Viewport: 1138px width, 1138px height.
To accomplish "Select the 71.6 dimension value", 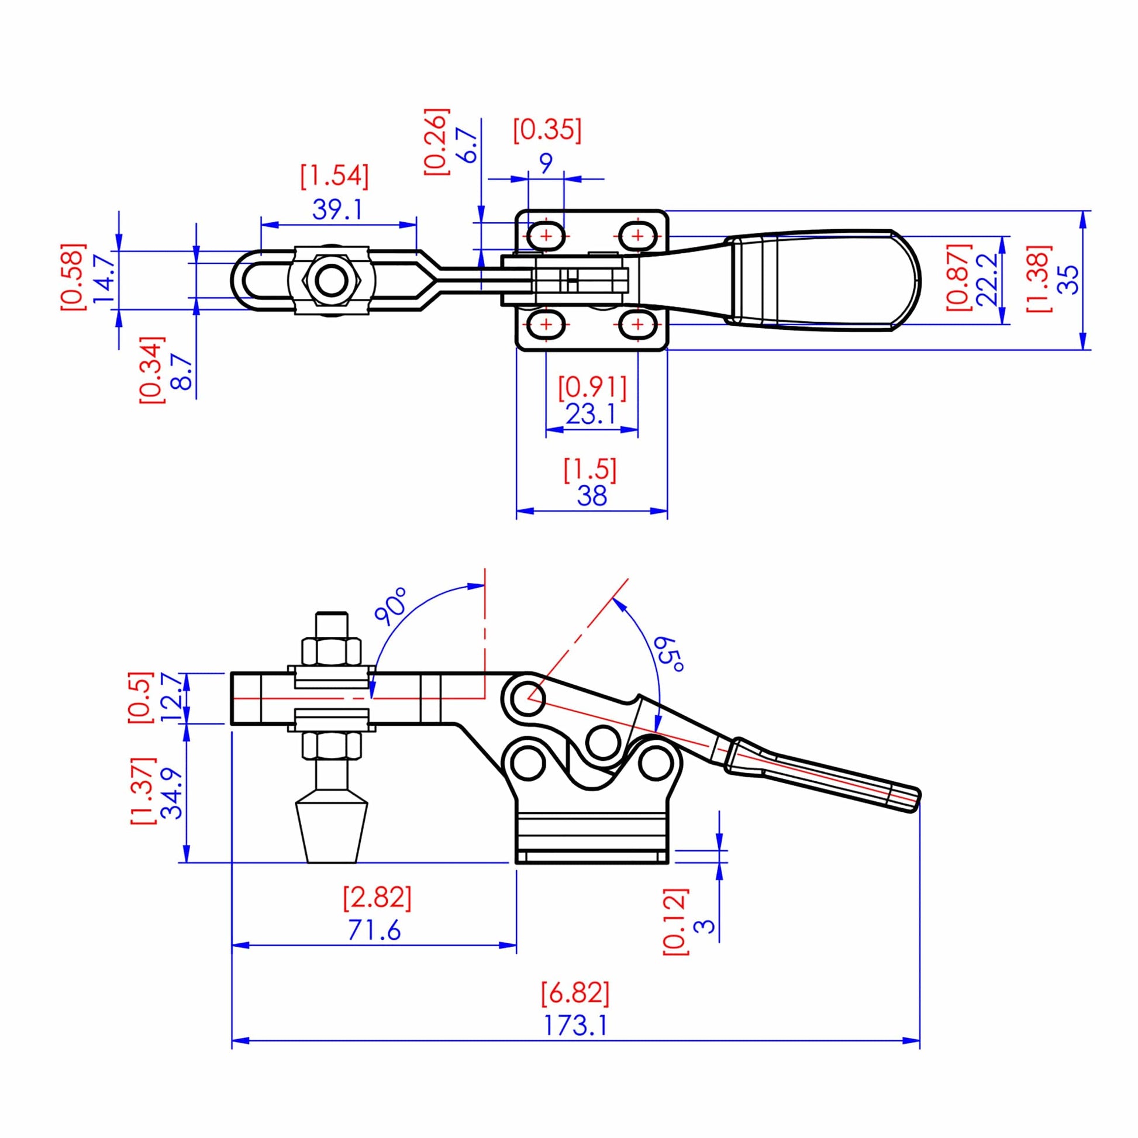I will pos(374,930).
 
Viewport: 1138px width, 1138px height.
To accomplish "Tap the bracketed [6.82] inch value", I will pos(575,993).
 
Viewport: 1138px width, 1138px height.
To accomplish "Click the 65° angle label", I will pos(670,654).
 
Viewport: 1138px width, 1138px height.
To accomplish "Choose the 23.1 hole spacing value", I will pos(591,414).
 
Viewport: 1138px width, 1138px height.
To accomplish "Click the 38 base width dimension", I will pos(591,496).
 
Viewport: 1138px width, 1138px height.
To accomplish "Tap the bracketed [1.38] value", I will pos(1039,278).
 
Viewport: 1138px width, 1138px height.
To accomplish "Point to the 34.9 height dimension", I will pos(172,794).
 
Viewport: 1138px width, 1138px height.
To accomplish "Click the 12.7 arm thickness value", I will pos(171,698).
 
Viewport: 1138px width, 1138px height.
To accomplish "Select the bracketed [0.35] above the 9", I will pos(547,130).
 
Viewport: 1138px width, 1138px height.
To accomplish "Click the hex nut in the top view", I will pos(330,280).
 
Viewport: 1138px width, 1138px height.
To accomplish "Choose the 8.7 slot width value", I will pos(182,371).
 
